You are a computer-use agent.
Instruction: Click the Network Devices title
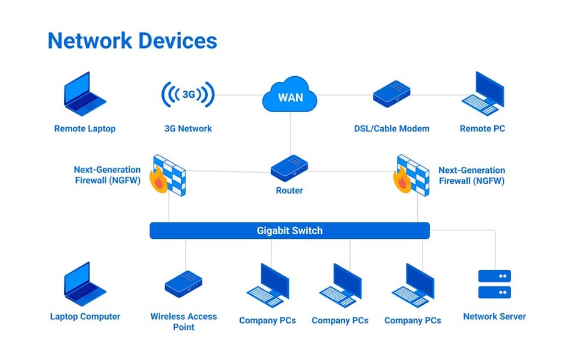(132, 41)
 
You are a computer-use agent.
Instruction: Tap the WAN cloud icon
(290, 95)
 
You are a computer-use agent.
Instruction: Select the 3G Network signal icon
(188, 95)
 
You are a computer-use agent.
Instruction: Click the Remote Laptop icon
(85, 94)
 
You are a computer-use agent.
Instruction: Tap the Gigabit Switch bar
(289, 230)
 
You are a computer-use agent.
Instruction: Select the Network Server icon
(494, 284)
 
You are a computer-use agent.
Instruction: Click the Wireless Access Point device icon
(183, 283)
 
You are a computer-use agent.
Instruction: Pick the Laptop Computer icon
(85, 284)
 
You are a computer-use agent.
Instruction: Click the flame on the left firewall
(159, 181)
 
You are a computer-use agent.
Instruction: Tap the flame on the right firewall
(402, 179)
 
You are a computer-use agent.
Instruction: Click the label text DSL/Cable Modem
(391, 128)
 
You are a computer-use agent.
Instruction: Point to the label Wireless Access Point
(183, 322)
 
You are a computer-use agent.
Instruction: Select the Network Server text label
(494, 316)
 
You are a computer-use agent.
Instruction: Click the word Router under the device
(289, 190)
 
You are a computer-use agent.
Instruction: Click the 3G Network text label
(188, 128)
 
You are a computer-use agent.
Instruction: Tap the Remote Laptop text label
(85, 128)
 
